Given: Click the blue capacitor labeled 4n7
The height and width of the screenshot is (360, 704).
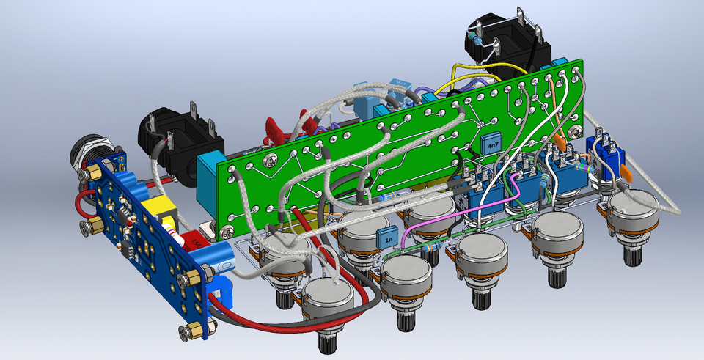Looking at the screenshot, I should (491, 144).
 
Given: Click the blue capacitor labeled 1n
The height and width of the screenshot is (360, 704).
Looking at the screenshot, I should (387, 237).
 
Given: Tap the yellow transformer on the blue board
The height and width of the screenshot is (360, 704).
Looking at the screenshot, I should (163, 210).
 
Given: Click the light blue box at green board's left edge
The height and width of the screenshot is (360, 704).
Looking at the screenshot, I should (210, 175).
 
